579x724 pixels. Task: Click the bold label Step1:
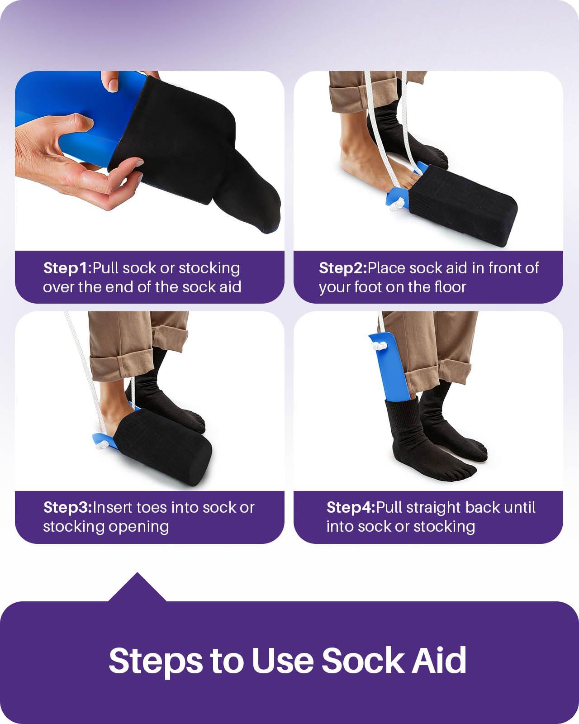(x=67, y=268)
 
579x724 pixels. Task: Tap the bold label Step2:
(x=343, y=268)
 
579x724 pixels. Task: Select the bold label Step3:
(x=67, y=507)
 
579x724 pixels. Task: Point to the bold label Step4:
(x=351, y=507)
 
